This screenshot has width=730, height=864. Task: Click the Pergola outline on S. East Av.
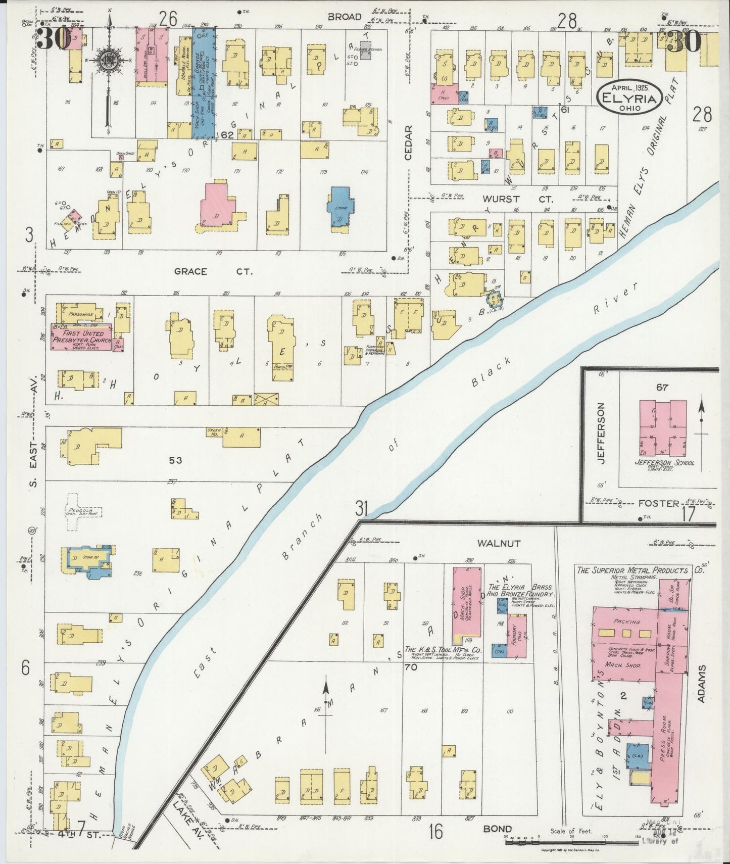81,511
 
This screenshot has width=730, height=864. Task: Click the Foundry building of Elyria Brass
517,636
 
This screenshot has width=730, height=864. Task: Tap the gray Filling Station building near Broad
365,51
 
